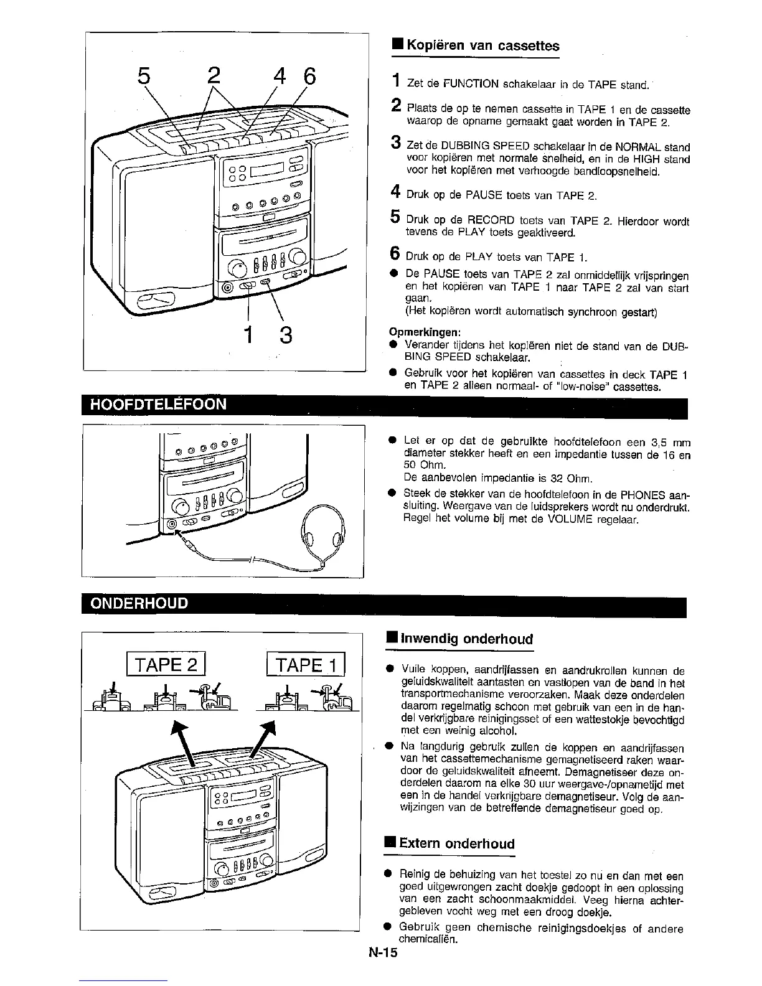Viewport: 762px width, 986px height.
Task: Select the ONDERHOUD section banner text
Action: coord(139,604)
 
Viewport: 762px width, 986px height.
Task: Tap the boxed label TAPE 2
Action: coord(166,665)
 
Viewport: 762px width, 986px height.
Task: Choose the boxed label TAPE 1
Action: coord(305,665)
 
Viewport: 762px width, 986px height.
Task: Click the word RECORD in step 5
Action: coord(489,221)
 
